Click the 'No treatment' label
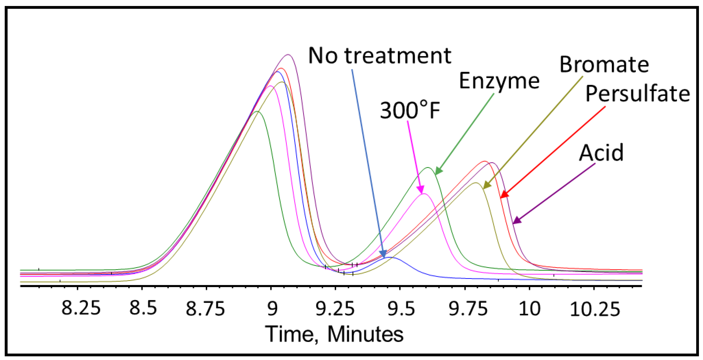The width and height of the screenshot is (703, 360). click(x=380, y=56)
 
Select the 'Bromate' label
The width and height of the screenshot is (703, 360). click(x=604, y=65)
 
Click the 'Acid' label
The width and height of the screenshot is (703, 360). click(x=601, y=153)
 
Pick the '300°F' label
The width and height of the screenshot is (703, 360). click(x=410, y=110)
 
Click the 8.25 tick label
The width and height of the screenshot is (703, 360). click(x=81, y=308)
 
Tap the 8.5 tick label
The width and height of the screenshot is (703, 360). click(x=143, y=308)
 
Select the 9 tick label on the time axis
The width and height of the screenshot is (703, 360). click(x=272, y=308)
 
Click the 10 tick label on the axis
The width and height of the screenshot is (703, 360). click(x=530, y=308)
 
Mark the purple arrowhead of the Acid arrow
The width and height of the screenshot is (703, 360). click(x=515, y=222)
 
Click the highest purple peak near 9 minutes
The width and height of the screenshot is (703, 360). click(x=288, y=55)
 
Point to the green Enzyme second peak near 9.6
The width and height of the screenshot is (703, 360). click(x=428, y=167)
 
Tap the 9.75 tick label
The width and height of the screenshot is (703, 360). click(x=468, y=308)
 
